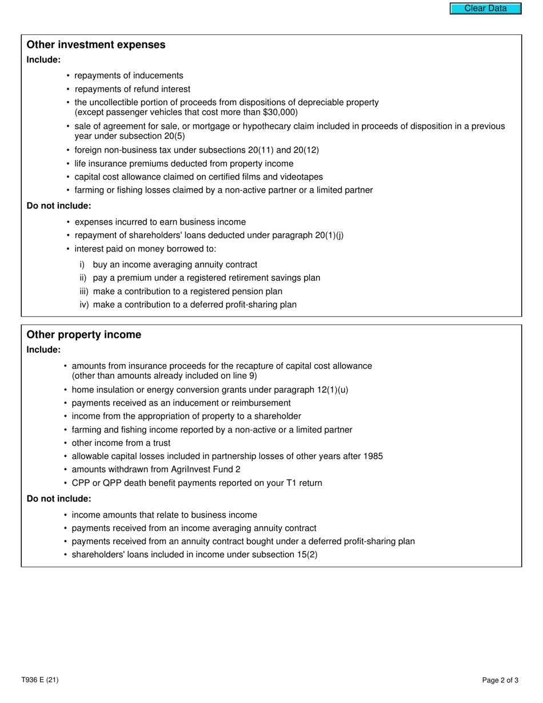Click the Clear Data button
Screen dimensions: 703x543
tap(485, 9)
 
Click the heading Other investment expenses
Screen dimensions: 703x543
tap(96, 45)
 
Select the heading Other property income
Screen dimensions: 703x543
tap(83, 335)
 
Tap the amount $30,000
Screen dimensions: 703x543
tap(279, 113)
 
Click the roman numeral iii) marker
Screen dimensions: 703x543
tap(85, 291)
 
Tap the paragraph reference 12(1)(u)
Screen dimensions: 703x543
tap(332, 390)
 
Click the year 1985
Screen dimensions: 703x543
tap(372, 456)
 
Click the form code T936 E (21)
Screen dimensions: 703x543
tap(39, 680)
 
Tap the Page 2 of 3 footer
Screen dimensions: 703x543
tap(500, 680)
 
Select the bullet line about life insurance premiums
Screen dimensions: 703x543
tap(184, 163)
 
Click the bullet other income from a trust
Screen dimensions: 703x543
tap(121, 443)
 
